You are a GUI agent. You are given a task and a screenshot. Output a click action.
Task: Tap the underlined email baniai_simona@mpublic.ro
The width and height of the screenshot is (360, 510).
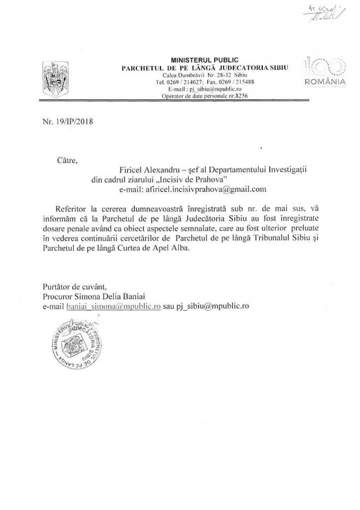pyautogui.click(x=114, y=306)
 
